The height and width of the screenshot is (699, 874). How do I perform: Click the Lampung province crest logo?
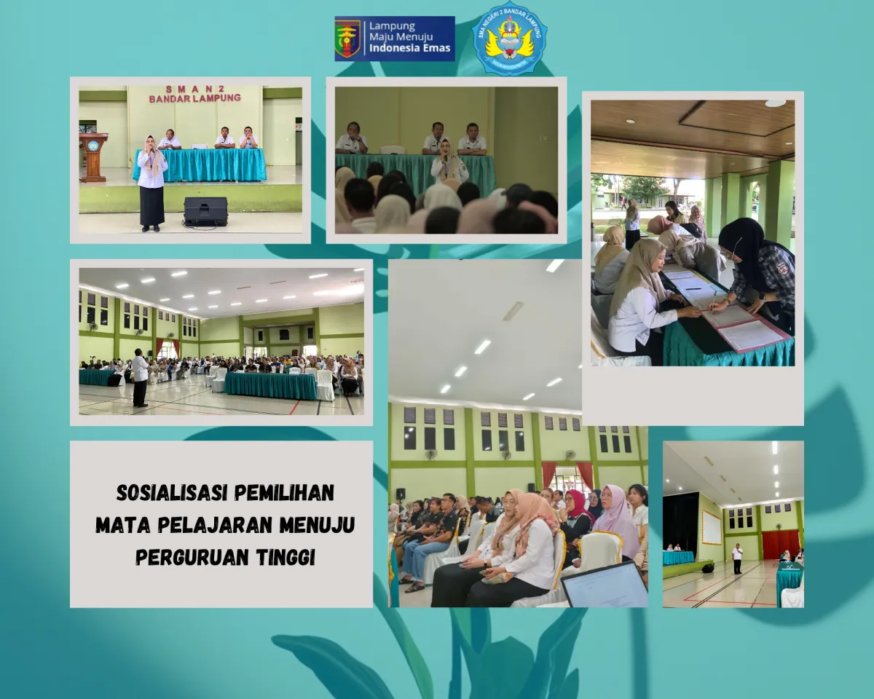pyautogui.click(x=347, y=39)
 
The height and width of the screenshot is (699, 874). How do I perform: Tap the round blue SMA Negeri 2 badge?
pyautogui.click(x=509, y=39)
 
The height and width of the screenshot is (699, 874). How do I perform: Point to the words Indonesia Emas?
pyautogui.click(x=410, y=49)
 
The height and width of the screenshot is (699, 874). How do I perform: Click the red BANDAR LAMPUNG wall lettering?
pyautogui.click(x=194, y=98)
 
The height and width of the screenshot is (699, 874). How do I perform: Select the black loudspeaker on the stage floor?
pyautogui.click(x=205, y=211)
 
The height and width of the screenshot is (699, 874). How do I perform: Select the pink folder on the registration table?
pyautogui.click(x=750, y=331)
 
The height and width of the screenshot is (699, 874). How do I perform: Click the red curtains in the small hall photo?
pyautogui.click(x=780, y=543)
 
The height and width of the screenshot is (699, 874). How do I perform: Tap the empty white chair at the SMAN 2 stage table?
pyautogui.click(x=200, y=146)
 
